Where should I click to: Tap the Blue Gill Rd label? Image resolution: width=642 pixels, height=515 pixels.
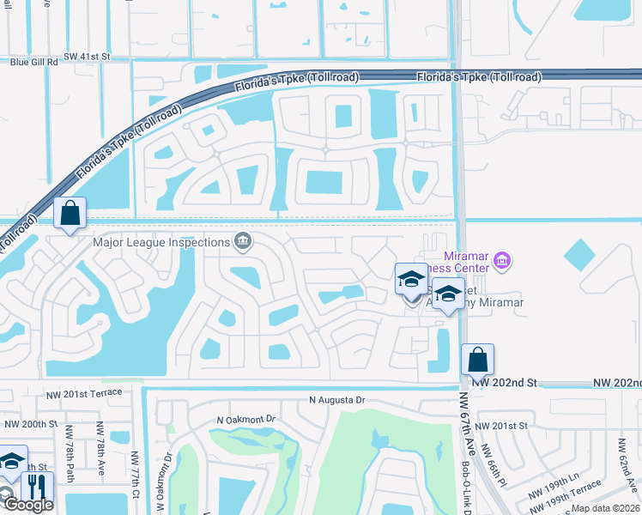[33, 63]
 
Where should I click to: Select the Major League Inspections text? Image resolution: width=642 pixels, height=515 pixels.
[161, 242]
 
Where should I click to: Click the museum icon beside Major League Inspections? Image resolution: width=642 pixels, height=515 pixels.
[243, 241]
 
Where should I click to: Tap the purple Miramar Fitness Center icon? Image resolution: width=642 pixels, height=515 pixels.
[503, 259]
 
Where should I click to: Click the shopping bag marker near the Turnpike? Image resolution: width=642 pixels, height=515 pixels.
[70, 213]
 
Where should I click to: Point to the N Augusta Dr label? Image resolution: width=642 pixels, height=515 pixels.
[337, 400]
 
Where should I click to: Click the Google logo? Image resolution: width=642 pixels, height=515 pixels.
[28, 505]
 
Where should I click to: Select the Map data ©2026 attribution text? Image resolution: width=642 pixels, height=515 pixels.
[605, 508]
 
